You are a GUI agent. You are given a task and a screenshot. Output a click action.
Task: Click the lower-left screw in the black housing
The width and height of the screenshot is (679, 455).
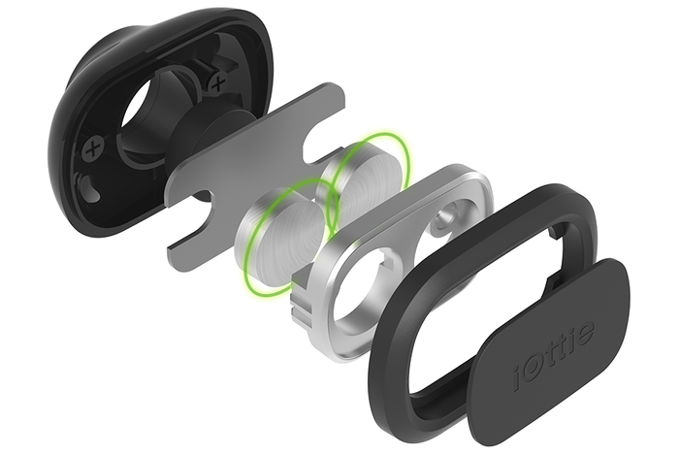pos(93,149)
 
